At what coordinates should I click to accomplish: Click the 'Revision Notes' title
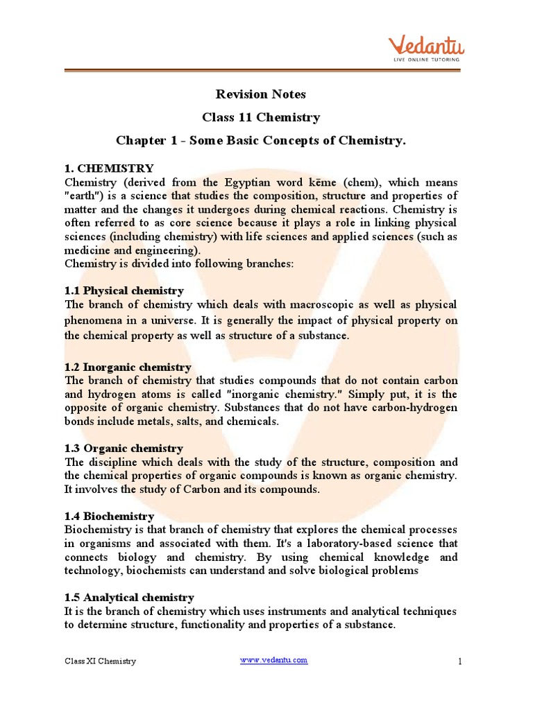click(x=260, y=94)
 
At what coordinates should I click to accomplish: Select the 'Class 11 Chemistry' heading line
click(x=260, y=117)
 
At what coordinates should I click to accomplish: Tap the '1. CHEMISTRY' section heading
click(x=109, y=168)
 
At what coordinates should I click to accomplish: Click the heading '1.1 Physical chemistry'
click(x=124, y=291)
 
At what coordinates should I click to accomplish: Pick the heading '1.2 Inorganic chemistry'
click(x=128, y=367)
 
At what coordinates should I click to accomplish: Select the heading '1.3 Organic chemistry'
click(x=124, y=449)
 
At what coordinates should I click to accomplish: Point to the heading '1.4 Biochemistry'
click(x=109, y=517)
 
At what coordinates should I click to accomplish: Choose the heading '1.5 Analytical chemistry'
click(x=129, y=598)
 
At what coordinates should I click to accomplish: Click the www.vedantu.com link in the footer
click(x=273, y=660)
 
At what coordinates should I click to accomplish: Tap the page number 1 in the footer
click(x=459, y=662)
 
